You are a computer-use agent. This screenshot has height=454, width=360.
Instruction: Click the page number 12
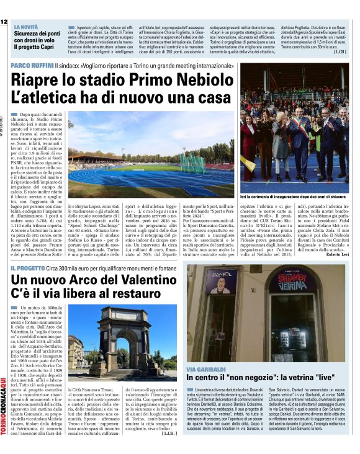click(x=4, y=22)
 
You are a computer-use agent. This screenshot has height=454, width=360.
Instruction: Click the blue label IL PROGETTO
click(x=30, y=269)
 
